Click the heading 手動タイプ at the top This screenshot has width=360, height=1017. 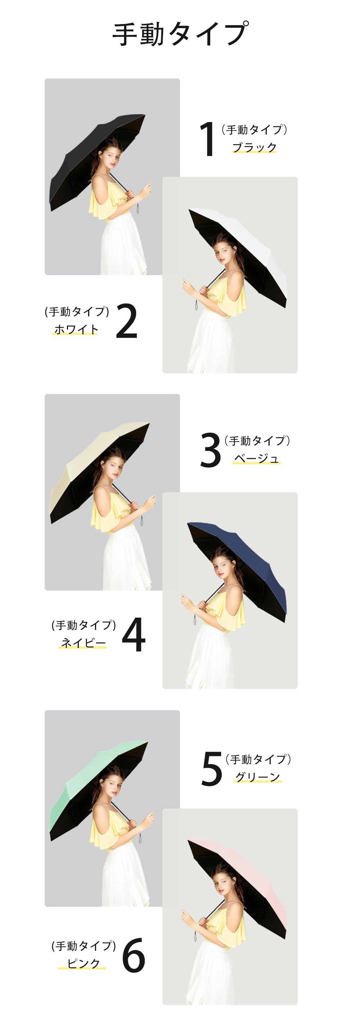(180, 34)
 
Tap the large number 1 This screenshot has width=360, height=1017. (208, 139)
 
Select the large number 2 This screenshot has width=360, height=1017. (127, 321)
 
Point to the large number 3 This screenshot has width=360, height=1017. (210, 450)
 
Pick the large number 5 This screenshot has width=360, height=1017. (212, 769)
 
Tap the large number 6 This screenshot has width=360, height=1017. (134, 956)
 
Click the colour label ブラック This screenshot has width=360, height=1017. (255, 147)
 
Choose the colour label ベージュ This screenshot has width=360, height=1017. (257, 458)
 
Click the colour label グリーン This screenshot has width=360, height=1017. (258, 777)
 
